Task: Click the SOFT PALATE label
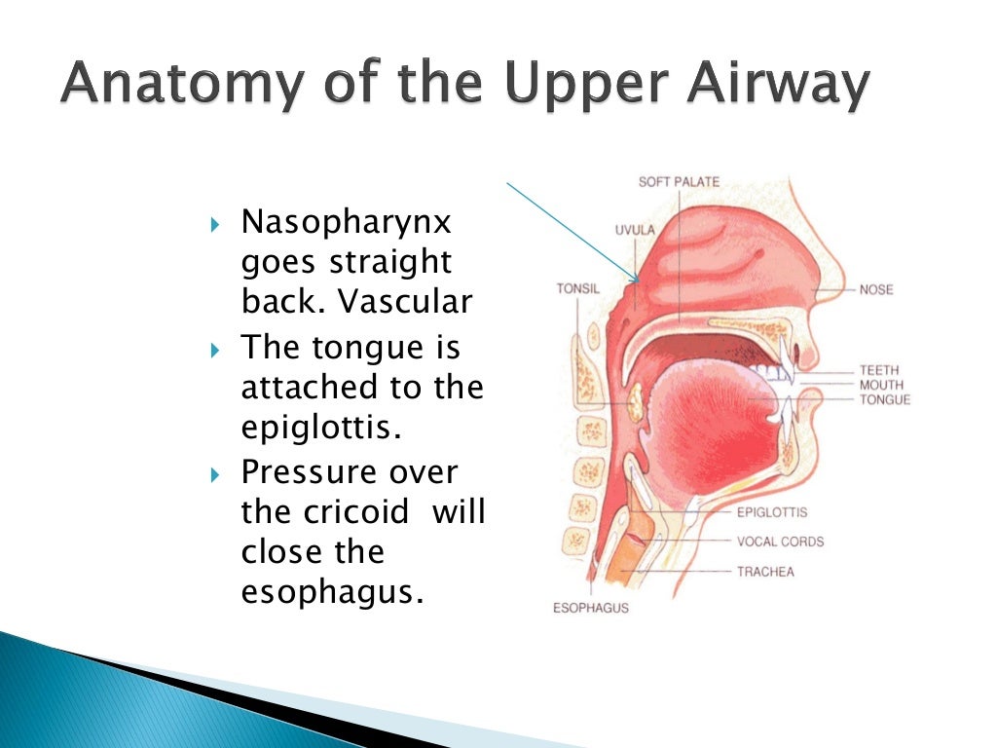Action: pos(680,182)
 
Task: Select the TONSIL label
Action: pos(578,288)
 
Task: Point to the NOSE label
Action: pos(876,289)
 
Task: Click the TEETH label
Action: pos(879,370)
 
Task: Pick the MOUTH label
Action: pos(881,385)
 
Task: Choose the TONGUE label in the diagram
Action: pos(884,399)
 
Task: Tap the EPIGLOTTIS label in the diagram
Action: pos(771,512)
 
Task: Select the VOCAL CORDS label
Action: pos(780,542)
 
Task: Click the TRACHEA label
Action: pos(765,572)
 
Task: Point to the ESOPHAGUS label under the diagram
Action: pos(590,608)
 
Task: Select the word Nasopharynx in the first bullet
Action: pos(347,223)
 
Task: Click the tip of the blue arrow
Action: pos(639,283)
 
